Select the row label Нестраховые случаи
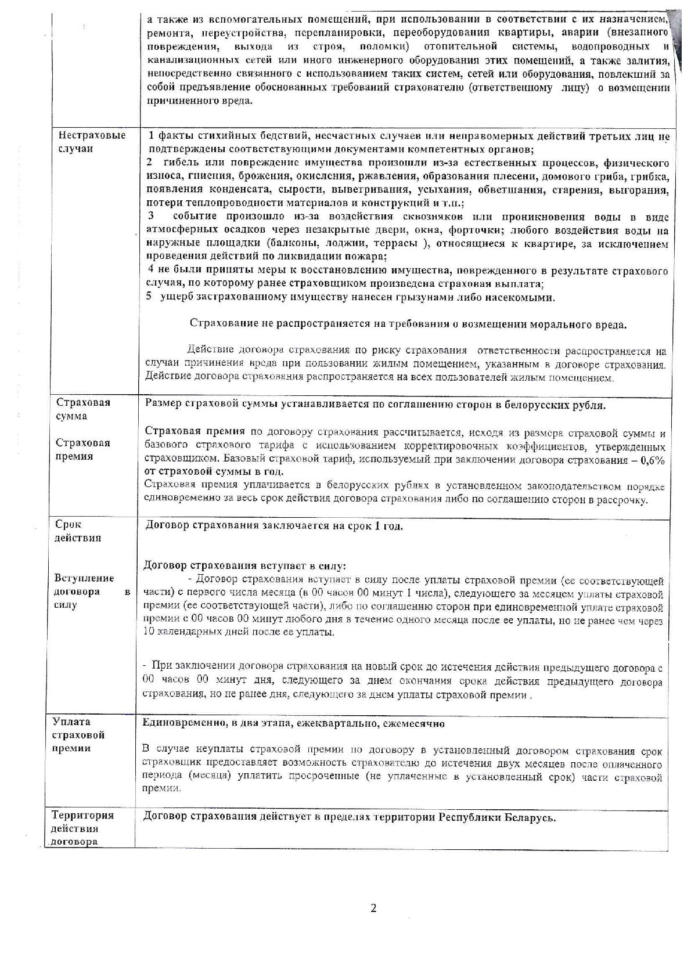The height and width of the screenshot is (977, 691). tap(92, 142)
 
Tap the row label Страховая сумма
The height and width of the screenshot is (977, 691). tap(83, 409)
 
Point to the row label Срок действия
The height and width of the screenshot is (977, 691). tap(78, 531)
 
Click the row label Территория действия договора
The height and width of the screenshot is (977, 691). tap(82, 828)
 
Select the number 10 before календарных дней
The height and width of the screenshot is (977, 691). tap(147, 632)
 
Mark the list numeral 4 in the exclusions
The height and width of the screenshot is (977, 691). tap(151, 271)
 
